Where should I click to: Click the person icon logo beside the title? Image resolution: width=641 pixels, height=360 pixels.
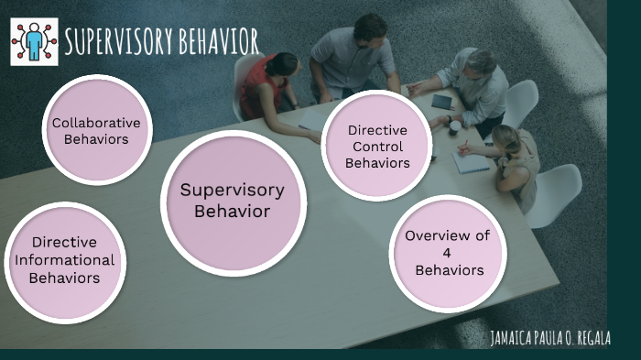click(34, 41)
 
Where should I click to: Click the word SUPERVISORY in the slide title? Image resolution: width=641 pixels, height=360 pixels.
click(114, 41)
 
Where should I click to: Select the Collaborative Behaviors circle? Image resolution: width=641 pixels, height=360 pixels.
click(97, 131)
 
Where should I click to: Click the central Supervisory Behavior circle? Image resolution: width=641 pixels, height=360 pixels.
click(232, 202)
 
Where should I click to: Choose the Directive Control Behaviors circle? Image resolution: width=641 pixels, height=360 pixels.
click(377, 146)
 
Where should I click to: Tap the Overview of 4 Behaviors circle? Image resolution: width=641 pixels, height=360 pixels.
click(447, 253)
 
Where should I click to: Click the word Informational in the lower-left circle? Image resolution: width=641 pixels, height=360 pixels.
click(64, 260)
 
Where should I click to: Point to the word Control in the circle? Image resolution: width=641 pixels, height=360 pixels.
click(377, 147)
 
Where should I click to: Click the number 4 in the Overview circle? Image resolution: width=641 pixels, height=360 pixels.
click(448, 253)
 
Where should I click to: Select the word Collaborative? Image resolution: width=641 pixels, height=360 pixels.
click(96, 123)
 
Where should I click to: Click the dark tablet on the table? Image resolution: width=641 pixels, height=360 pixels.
click(442, 101)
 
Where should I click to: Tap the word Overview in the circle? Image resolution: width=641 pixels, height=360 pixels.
click(447, 235)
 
